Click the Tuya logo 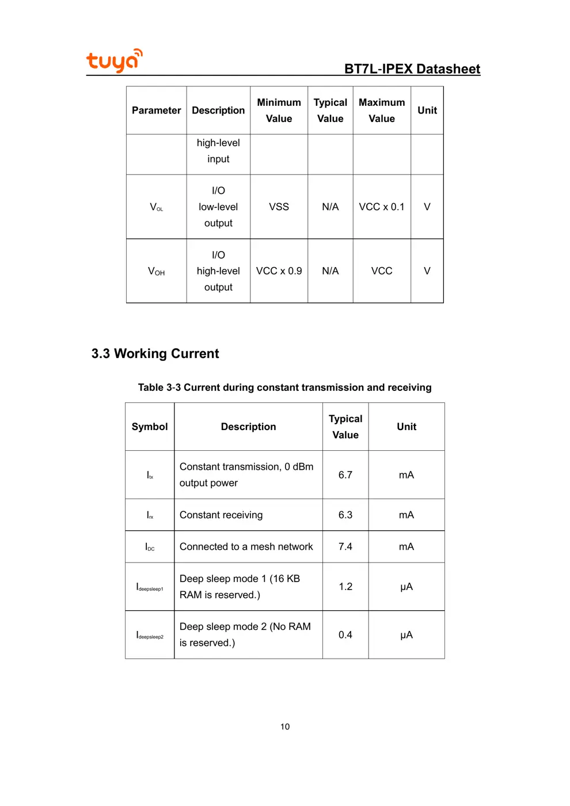point(114,60)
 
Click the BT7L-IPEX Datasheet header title point(412,69)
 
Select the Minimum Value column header point(279,111)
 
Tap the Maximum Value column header point(382,111)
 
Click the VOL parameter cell point(156,207)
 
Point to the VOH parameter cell point(156,271)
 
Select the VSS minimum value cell point(279,207)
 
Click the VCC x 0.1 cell point(382,207)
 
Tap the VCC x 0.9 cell point(279,271)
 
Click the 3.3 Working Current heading point(155,353)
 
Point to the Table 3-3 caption point(284,387)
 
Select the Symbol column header point(150,427)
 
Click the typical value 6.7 point(345,475)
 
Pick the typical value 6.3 point(345,515)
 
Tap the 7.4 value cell point(345,546)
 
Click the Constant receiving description point(221,515)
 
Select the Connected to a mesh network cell point(246,546)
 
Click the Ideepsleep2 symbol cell point(150,635)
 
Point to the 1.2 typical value point(345,587)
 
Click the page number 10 point(285,727)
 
